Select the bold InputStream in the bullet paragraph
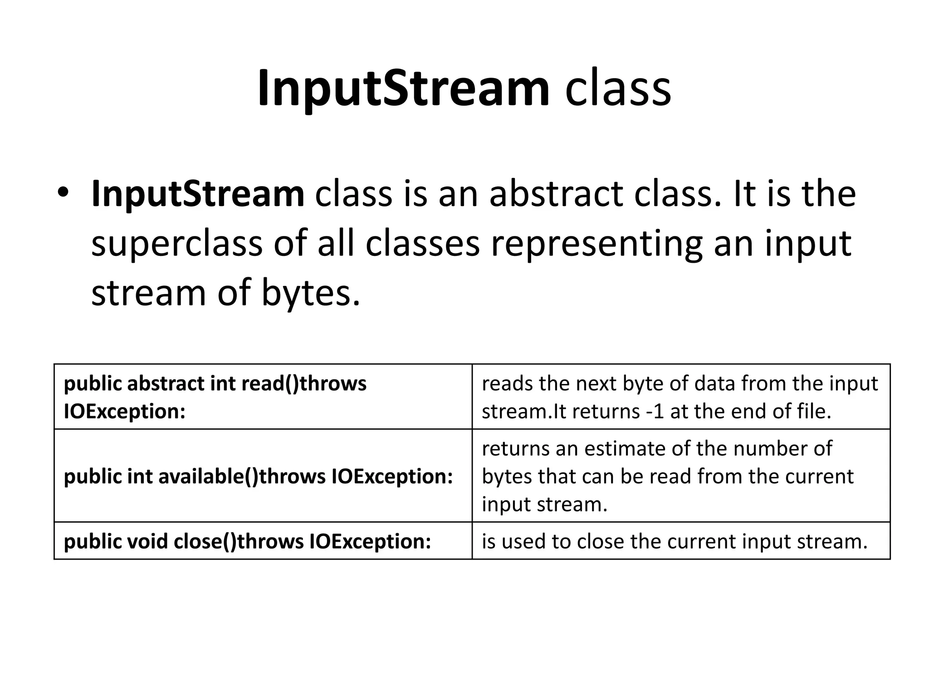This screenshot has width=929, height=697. click(x=198, y=194)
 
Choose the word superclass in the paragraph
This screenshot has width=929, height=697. click(x=176, y=244)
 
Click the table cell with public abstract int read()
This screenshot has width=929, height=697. click(x=263, y=397)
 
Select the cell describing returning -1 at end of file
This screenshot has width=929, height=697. click(x=680, y=397)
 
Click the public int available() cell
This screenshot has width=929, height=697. click(x=263, y=476)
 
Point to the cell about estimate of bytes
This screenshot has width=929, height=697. click(x=680, y=476)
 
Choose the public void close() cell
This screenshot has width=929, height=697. click(x=263, y=541)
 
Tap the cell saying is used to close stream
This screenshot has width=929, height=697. click(x=680, y=541)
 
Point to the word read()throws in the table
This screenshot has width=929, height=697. click(x=304, y=383)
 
